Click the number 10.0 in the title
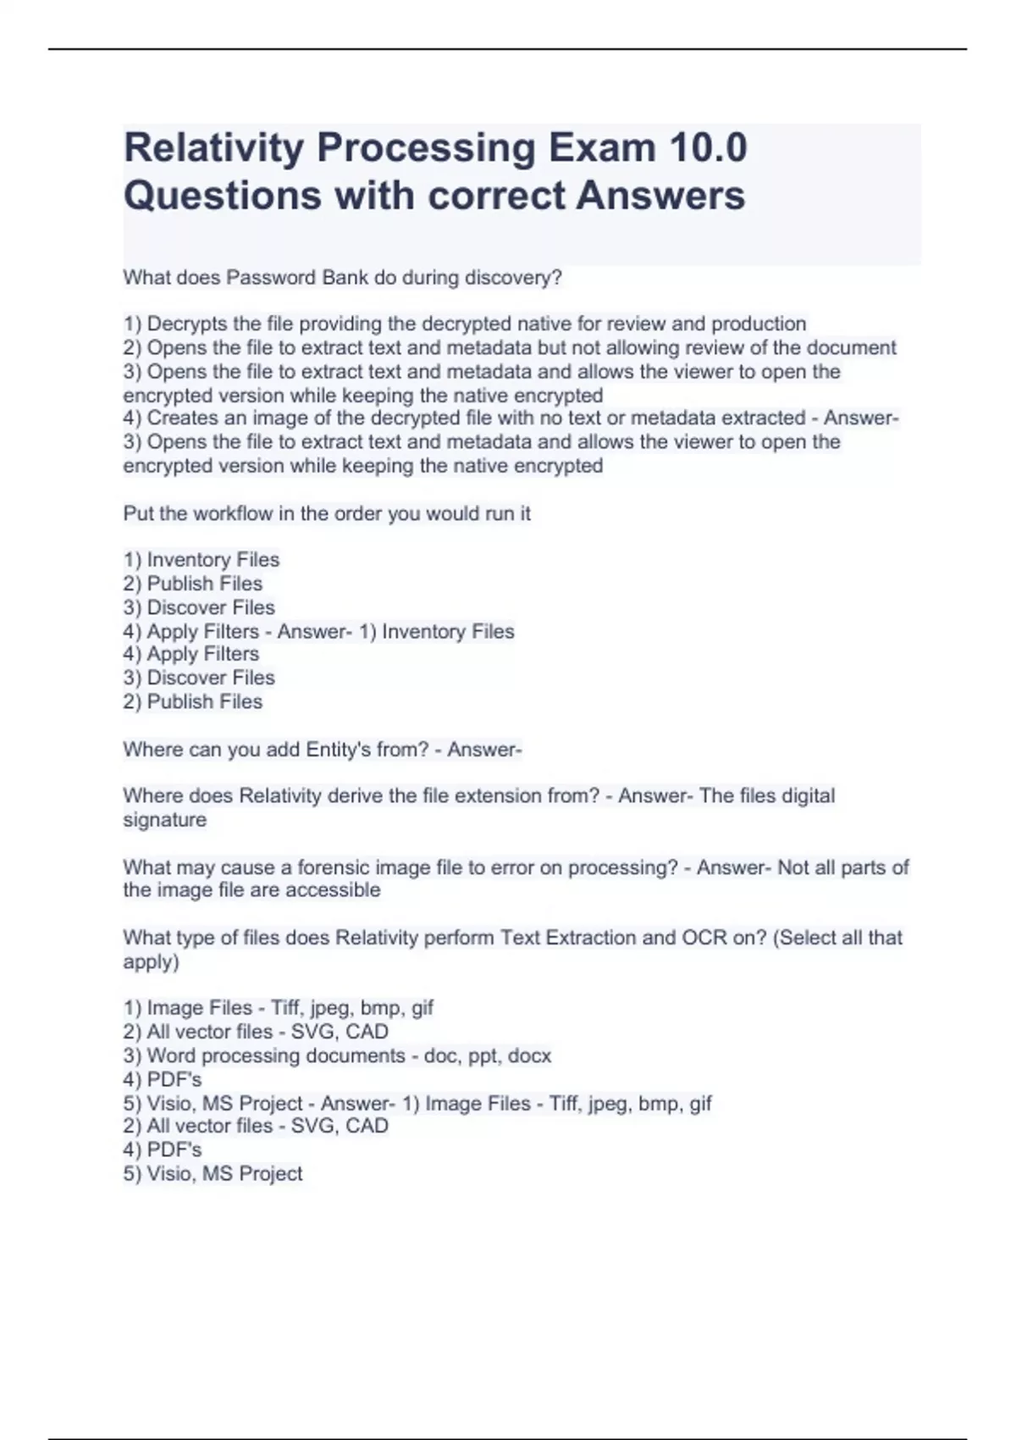click(x=708, y=147)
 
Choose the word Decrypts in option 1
click(x=187, y=324)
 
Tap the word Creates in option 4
click(x=180, y=418)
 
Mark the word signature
click(x=165, y=820)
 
